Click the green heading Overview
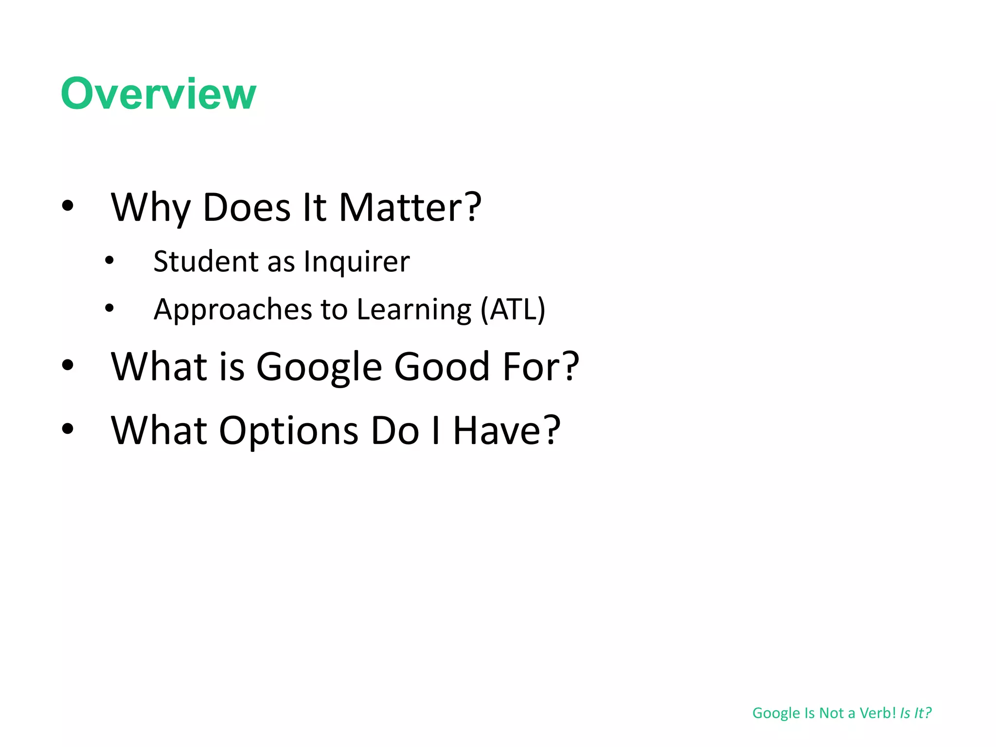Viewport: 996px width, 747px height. (x=158, y=93)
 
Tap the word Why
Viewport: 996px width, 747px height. (x=151, y=208)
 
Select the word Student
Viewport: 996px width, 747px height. (x=205, y=261)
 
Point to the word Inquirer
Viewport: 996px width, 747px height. (x=356, y=262)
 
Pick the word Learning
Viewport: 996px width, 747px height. (x=414, y=310)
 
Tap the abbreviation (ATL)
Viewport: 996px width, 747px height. (x=513, y=309)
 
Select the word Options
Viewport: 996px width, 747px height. (x=288, y=430)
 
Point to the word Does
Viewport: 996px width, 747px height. (x=246, y=208)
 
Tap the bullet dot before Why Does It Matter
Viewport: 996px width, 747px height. (x=68, y=205)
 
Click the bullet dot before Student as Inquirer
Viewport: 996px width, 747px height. (x=109, y=261)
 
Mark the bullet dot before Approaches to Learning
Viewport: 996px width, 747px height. (x=109, y=308)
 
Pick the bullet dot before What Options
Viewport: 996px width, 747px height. (x=68, y=428)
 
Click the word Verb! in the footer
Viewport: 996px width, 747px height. (x=877, y=713)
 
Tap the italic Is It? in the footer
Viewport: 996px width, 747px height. (x=915, y=713)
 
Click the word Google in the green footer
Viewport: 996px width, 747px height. (x=776, y=713)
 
